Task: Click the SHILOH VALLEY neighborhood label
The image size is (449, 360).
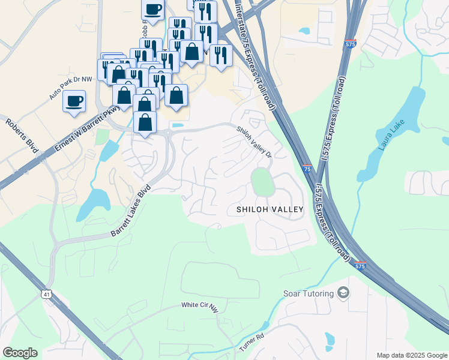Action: pyautogui.click(x=270, y=209)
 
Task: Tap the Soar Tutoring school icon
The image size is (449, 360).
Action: pyautogui.click(x=343, y=293)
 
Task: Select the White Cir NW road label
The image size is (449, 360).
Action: pyautogui.click(x=198, y=305)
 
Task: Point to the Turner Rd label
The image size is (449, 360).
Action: pyautogui.click(x=252, y=343)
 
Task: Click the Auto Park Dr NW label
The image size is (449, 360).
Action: pyautogui.click(x=71, y=88)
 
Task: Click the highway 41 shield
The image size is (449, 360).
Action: pyautogui.click(x=46, y=294)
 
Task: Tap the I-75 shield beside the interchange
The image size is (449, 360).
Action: pyautogui.click(x=306, y=170)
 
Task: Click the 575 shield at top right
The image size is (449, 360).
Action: pyautogui.click(x=351, y=44)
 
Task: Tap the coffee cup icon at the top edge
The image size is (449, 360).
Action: pyautogui.click(x=152, y=10)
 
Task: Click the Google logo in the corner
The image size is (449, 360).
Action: pyautogui.click(x=20, y=353)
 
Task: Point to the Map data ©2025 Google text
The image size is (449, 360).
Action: pyautogui.click(x=411, y=355)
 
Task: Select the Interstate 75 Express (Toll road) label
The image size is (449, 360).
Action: pyautogui.click(x=255, y=57)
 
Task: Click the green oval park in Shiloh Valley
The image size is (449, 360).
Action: pyautogui.click(x=261, y=182)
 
